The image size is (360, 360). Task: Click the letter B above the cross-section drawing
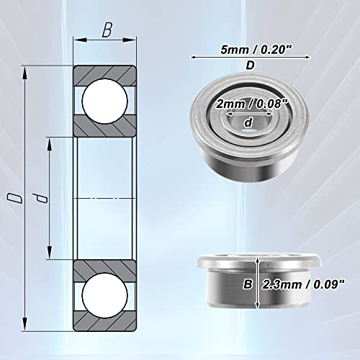click(107, 30)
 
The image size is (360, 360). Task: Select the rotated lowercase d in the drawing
click(40, 198)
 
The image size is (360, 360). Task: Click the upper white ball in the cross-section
click(104, 101)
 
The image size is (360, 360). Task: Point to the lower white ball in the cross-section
click(104, 295)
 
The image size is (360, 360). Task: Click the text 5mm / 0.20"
click(256, 50)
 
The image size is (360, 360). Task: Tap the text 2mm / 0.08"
click(251, 104)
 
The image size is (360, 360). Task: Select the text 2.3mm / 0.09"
click(303, 284)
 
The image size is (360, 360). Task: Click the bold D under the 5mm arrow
click(251, 66)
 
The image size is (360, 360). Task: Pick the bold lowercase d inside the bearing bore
click(248, 122)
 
